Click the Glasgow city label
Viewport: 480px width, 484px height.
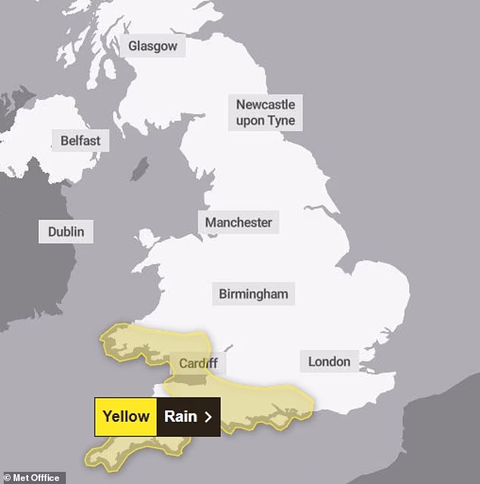[152, 46]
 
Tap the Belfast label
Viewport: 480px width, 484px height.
[79, 141]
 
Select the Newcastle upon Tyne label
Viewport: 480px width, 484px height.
[265, 112]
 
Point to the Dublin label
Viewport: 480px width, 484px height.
[66, 232]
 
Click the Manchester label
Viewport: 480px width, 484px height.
[238, 223]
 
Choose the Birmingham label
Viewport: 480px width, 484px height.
[253, 294]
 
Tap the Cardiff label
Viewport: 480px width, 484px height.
[198, 364]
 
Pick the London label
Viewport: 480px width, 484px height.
[329, 361]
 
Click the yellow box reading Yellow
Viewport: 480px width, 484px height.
[126, 417]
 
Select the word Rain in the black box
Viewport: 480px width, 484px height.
[180, 417]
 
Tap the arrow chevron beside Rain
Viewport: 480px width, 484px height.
[207, 417]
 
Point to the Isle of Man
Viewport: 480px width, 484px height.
[139, 168]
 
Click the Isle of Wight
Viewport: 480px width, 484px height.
[285, 415]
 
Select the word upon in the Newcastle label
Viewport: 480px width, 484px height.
[251, 120]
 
